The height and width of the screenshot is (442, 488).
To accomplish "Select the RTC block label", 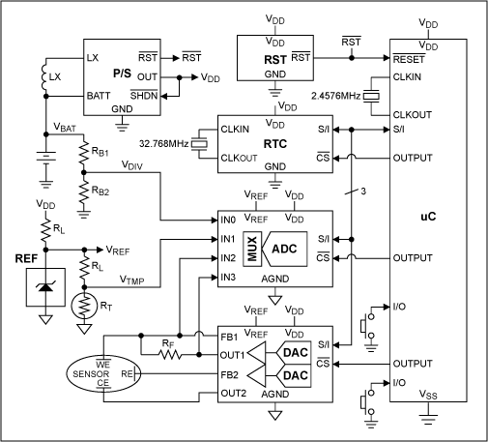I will point(275,140).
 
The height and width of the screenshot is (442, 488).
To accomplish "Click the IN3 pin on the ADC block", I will point(228,278).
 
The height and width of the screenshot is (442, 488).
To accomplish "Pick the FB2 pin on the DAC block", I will point(229,373).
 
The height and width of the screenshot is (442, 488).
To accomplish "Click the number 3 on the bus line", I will point(362,190).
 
